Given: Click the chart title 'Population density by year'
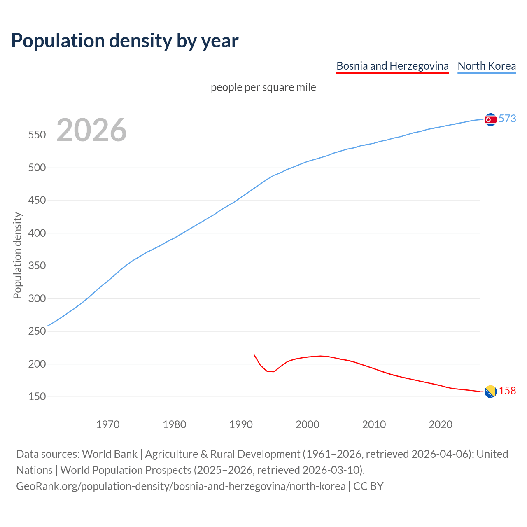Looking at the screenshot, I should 125,41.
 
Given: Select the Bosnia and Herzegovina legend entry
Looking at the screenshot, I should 392,66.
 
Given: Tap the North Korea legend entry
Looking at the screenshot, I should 487,66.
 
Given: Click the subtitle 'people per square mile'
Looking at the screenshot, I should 263,87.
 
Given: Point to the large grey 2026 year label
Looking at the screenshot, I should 91,130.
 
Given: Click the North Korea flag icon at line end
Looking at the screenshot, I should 490,119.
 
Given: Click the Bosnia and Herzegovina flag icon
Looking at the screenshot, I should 490,392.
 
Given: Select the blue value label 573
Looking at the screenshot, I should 507,119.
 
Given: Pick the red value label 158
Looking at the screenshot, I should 507,391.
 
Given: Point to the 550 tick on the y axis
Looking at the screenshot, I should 37,135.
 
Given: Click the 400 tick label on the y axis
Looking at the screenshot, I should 37,233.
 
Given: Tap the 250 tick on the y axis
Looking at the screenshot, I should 37,331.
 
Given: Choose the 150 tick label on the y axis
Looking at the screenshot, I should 37,397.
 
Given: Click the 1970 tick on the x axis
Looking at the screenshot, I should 108,424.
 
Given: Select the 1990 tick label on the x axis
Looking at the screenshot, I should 241,424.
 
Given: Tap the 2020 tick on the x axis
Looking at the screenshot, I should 441,424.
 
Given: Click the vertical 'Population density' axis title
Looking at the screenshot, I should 17,255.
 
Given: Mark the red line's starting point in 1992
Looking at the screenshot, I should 254,354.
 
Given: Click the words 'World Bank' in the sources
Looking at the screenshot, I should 110,454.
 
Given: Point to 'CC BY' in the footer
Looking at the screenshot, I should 368,486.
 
